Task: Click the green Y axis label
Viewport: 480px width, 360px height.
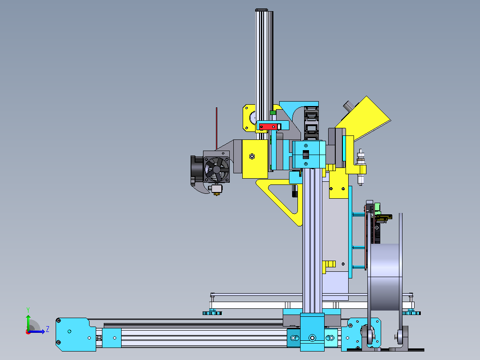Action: coord(28,310)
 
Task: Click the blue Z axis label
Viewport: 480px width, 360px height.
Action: coord(48,329)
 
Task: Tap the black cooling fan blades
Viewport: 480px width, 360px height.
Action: coord(216,169)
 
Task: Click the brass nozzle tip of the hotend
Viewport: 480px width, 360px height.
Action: coord(217,193)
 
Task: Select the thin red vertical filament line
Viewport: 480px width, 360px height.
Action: coord(216,128)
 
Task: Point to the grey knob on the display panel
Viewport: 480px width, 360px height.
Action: coord(348,106)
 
